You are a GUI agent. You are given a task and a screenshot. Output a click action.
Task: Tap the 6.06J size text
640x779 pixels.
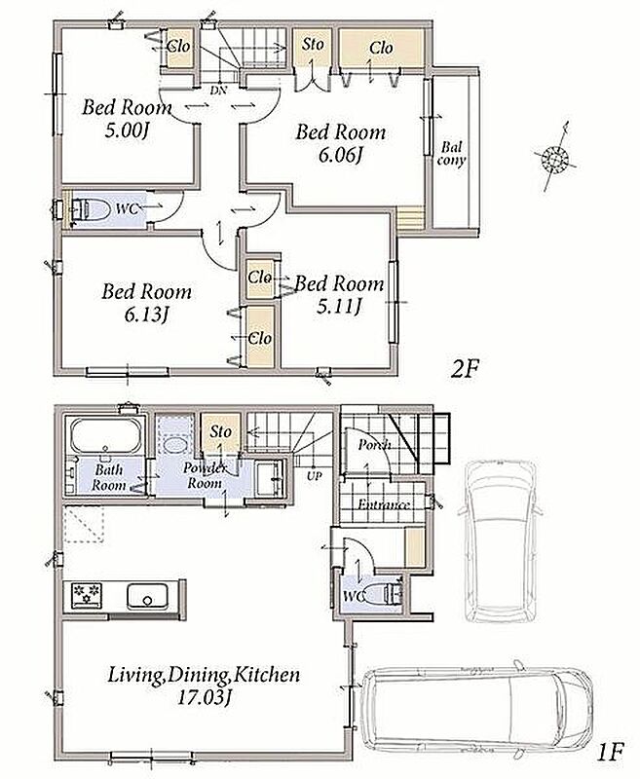click(340, 156)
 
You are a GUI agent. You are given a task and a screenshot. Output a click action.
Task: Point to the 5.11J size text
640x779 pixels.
click(339, 307)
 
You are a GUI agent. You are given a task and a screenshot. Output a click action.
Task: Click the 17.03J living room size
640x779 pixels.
click(205, 697)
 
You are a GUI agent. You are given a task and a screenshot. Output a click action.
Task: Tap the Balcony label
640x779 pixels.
click(451, 154)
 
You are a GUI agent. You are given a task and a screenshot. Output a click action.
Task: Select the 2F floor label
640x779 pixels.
click(464, 369)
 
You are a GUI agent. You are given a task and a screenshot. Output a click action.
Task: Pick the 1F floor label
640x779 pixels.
click(608, 754)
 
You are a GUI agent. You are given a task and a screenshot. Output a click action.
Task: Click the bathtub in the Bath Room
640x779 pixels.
click(105, 435)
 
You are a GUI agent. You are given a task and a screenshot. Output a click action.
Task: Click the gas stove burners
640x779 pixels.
click(87, 595)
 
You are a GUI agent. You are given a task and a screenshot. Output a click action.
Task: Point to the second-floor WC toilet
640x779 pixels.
click(90, 209)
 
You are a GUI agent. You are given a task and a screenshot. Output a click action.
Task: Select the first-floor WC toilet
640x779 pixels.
click(383, 593)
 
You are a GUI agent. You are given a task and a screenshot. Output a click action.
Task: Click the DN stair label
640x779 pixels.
click(217, 91)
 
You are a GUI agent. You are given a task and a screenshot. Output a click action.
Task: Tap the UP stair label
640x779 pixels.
click(314, 476)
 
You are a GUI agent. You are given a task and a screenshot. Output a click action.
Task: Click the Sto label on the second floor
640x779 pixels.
click(313, 45)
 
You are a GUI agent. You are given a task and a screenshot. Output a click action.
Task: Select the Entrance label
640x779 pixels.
click(384, 504)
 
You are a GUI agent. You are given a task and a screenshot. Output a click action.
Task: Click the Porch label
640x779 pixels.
click(374, 445)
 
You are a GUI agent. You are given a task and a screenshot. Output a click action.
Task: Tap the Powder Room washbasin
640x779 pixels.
click(270, 478)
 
